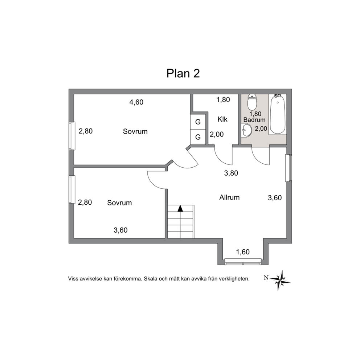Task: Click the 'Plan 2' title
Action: [183, 73]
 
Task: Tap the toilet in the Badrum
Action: [252, 102]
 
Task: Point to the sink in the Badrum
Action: [246, 131]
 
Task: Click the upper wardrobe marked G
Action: [198, 122]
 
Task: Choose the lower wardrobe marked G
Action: [198, 137]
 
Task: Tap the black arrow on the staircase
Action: [180, 208]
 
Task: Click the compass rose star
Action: [281, 280]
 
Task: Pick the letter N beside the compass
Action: [266, 278]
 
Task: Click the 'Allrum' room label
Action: [229, 197]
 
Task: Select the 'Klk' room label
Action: [222, 119]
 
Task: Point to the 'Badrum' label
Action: [254, 120]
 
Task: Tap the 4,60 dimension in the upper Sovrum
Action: [136, 102]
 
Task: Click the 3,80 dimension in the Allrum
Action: [231, 173]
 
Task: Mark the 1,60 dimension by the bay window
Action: [243, 252]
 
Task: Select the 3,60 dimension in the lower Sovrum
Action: [120, 230]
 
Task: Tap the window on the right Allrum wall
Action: [289, 168]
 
